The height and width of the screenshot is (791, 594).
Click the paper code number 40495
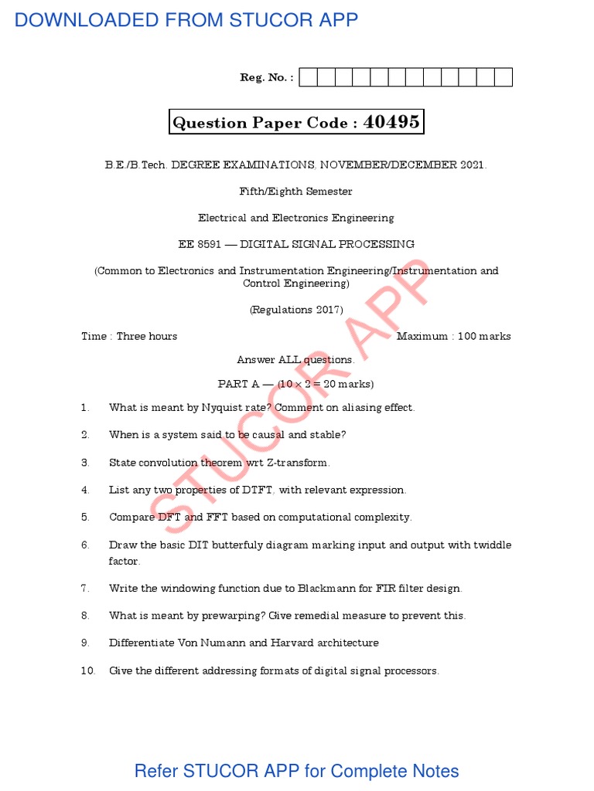click(391, 122)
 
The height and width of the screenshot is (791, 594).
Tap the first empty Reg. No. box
click(308, 77)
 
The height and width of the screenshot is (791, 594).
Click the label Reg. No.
click(267, 77)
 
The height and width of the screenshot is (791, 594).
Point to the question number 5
click(85, 517)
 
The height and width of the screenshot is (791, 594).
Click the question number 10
click(87, 670)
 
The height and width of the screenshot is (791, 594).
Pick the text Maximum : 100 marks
click(453, 336)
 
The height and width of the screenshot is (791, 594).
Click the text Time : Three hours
click(129, 336)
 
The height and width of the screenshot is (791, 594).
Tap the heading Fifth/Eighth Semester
click(296, 191)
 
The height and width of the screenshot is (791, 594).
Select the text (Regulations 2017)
click(296, 310)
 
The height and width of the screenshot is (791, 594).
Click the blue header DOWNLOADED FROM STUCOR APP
click(186, 20)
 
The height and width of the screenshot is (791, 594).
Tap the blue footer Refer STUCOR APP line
click(296, 771)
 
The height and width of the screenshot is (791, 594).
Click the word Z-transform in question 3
click(302, 462)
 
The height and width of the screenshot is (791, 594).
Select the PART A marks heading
click(296, 384)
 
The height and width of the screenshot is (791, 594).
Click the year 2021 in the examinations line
click(471, 165)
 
